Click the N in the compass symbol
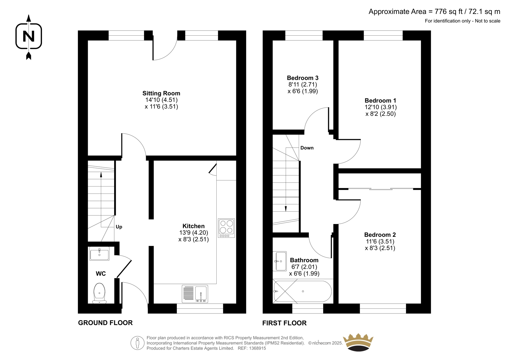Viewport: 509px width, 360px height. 29,36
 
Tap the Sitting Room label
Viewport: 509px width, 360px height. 161,93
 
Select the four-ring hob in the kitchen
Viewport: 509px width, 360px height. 226,228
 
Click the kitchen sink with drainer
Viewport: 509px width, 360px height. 195,294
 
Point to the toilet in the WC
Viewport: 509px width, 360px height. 99,293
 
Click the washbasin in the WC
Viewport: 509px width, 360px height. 100,254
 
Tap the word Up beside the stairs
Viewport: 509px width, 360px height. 119,227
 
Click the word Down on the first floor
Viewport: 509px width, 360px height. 307,148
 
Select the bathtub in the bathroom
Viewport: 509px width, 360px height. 303,291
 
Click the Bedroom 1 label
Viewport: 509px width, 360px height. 380,101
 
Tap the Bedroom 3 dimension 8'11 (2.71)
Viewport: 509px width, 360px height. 303,85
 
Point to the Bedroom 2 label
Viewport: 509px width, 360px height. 380,235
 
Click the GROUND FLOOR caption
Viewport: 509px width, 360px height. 105,323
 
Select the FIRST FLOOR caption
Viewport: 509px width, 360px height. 284,323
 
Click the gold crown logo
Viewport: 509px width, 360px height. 358,342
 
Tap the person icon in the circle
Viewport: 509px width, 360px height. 137,343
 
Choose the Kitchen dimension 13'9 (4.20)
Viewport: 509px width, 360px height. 194,233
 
